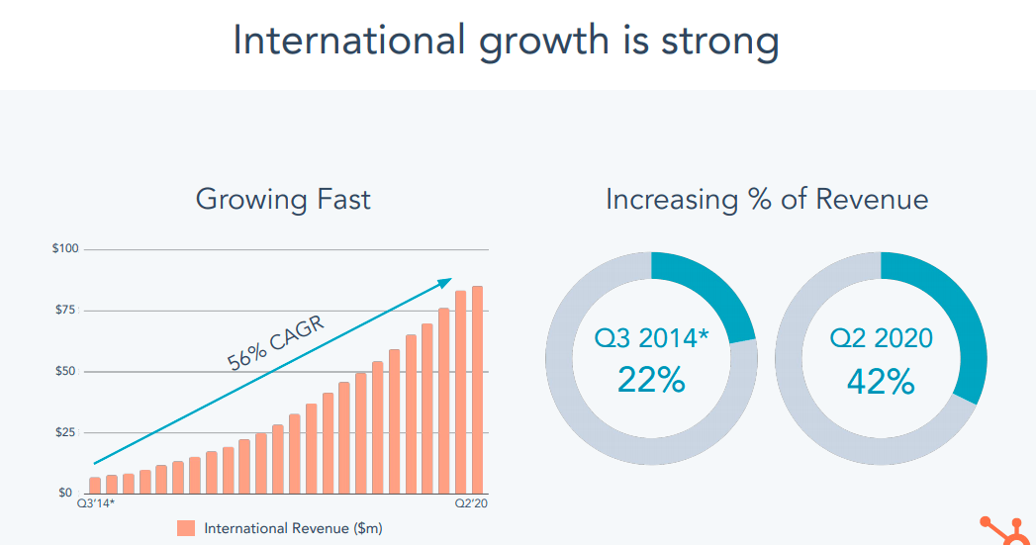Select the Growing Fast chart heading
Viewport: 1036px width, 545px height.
coord(283,199)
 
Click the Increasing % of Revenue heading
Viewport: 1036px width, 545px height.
coord(767,199)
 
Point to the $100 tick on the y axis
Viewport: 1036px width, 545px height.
coord(65,248)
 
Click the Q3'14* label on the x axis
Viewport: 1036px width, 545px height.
coord(96,505)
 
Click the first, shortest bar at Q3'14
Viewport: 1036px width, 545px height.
coord(95,485)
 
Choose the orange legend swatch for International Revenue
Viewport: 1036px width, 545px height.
coord(186,528)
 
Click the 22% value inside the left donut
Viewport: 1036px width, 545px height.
coord(651,379)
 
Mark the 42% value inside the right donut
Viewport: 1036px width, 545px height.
coord(881,381)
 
